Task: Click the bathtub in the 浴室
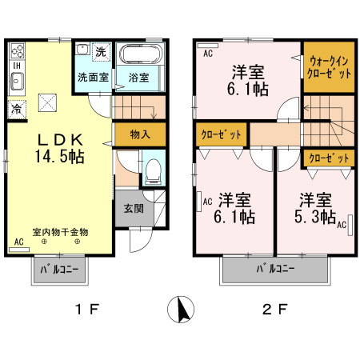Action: (x=141, y=57)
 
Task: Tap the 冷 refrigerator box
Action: (x=16, y=106)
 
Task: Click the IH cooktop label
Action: (x=15, y=65)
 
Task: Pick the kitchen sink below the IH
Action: (x=17, y=80)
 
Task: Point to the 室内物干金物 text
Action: (x=59, y=232)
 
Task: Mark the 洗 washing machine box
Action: (x=100, y=52)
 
